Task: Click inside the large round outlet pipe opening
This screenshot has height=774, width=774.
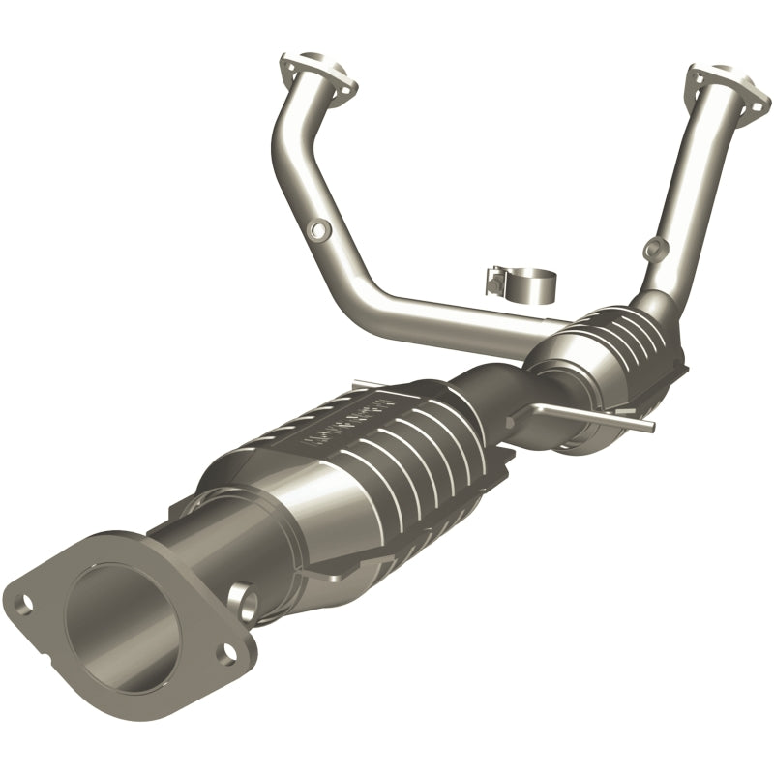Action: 116,619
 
